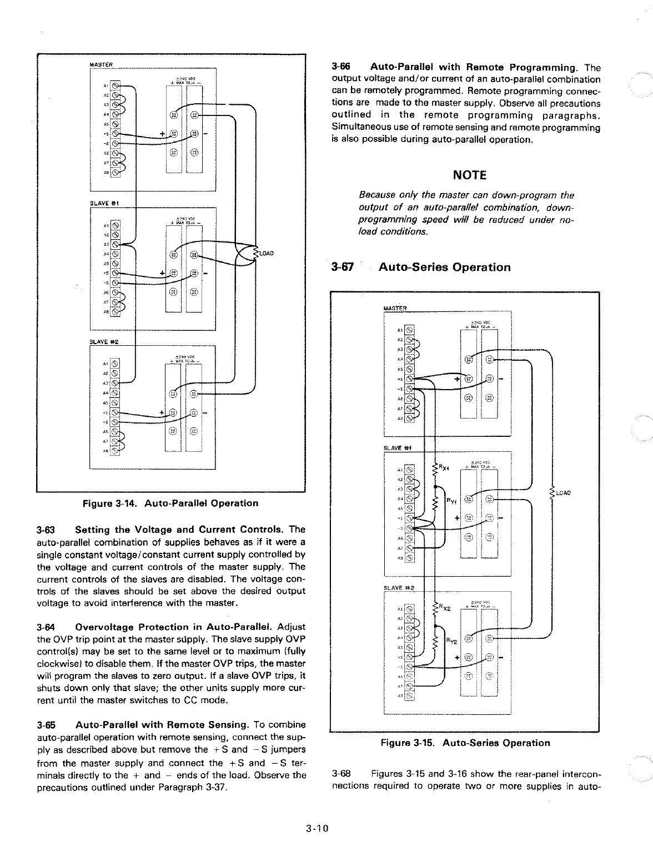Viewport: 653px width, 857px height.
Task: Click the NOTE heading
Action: [469, 175]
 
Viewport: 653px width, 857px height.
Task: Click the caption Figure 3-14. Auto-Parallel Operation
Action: [170, 503]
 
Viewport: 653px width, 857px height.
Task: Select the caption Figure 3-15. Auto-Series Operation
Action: [465, 743]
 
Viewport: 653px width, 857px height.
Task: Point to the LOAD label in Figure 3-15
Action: [563, 492]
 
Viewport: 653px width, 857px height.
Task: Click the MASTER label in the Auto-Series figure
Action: [395, 308]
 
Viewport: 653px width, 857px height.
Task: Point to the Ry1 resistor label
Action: [453, 501]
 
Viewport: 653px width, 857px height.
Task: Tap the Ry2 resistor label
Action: [453, 641]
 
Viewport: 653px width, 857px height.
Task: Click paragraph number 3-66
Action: [339, 68]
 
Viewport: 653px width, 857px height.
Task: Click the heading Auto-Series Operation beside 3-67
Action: [444, 268]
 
